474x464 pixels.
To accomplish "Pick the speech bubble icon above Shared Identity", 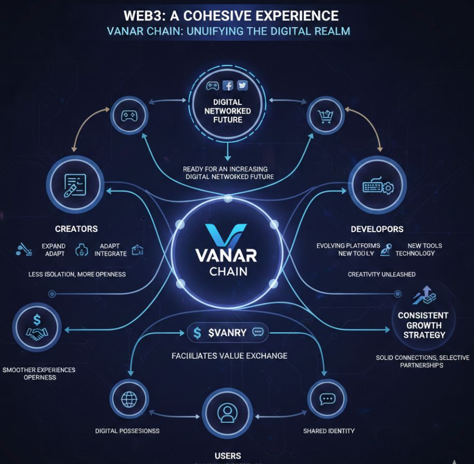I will (x=327, y=399).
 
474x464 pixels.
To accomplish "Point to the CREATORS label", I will (x=76, y=229).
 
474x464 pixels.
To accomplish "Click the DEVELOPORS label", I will (x=377, y=229).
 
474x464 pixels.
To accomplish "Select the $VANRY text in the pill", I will (x=227, y=333).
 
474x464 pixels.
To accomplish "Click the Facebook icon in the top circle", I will (x=228, y=86).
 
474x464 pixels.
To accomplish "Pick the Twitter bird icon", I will (x=242, y=86).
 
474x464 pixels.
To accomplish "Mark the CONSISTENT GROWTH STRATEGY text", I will (x=423, y=325).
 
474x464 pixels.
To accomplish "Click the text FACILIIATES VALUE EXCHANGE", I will (x=229, y=356).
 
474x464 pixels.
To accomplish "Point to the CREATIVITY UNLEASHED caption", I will (x=381, y=274).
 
